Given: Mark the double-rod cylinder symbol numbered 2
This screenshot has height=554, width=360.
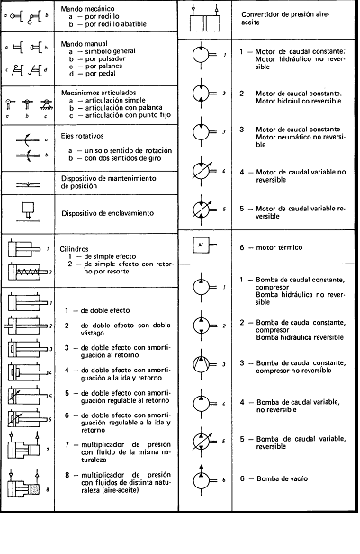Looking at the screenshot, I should click(x=25, y=326).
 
